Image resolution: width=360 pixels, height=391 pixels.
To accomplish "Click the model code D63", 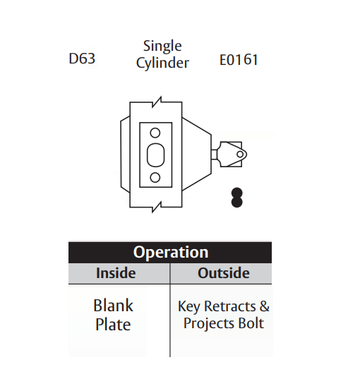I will [82, 59].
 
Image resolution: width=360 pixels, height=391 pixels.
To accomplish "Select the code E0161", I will [239, 59].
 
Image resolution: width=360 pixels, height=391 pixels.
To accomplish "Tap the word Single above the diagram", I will [162, 46].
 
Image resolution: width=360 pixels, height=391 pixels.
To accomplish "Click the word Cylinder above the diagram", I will [162, 64].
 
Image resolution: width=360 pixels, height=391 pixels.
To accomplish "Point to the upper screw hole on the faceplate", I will [155, 132].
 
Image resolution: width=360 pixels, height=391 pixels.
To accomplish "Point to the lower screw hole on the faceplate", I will [155, 177].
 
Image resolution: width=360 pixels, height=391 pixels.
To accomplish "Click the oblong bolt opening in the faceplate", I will [155, 155].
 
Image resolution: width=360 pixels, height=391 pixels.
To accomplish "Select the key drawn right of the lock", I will [230, 154].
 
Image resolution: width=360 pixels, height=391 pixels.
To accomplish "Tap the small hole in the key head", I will [240, 154].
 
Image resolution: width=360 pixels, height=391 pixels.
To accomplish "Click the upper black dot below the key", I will [237, 193].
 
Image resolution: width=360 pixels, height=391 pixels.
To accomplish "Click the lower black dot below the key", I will [237, 203].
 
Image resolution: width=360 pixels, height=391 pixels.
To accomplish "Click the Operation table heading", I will [170, 253].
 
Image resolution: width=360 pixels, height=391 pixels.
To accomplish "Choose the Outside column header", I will [223, 273].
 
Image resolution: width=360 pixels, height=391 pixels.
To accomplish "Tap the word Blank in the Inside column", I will [113, 306].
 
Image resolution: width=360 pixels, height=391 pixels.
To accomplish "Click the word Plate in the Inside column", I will [113, 325].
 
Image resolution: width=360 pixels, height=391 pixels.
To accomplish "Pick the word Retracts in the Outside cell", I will [231, 307].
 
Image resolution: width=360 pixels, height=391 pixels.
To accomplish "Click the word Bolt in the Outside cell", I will [251, 324].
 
